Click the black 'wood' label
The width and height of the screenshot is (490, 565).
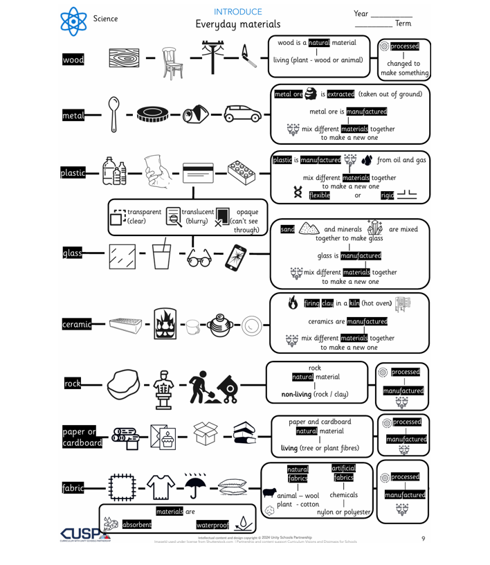73,60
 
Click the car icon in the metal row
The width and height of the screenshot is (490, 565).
242,115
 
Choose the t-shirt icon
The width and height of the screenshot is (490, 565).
161,487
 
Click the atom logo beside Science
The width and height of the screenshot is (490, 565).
74,21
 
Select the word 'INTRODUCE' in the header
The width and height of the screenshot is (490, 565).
237,12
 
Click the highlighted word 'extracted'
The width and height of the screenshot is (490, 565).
341,94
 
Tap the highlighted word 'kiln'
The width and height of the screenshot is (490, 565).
354,303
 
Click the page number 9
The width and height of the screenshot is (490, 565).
423,538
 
